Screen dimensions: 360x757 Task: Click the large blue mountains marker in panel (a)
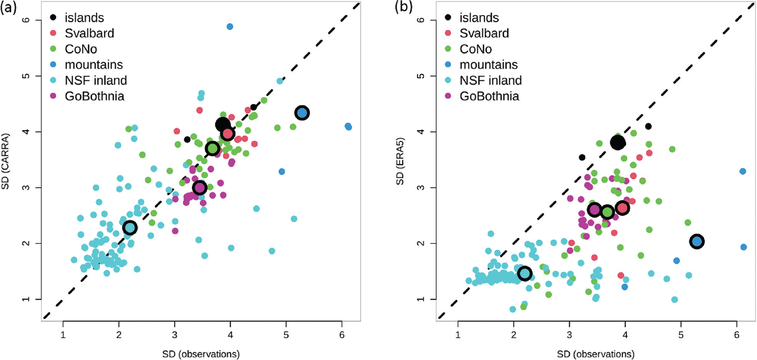[x=302, y=113]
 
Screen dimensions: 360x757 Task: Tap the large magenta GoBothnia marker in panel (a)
[x=200, y=187]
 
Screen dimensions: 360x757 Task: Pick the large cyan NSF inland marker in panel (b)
[x=524, y=273]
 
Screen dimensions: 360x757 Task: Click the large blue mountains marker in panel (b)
[x=697, y=242]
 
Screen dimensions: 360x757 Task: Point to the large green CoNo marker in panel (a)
[x=212, y=148]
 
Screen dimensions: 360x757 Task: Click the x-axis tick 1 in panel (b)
[x=458, y=338]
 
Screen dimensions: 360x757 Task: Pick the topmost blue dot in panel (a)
[x=230, y=26]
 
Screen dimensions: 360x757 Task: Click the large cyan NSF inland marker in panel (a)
[x=130, y=228]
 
